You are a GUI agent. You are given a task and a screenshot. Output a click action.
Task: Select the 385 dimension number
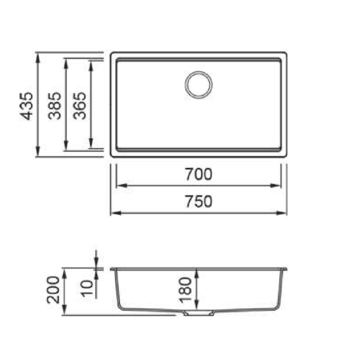[x=55, y=106]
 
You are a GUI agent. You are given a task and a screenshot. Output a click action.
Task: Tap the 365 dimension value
[x=79, y=106]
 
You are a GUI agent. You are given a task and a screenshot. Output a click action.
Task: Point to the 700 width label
[x=199, y=174]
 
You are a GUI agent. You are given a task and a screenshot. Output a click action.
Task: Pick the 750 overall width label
[x=199, y=202]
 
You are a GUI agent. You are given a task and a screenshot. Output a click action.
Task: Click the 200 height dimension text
[x=53, y=290]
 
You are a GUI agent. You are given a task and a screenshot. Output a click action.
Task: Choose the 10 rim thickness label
[x=88, y=289]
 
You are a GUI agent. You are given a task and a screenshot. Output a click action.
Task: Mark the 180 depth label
[x=185, y=290]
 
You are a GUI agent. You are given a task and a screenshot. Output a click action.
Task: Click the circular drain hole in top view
[x=199, y=85]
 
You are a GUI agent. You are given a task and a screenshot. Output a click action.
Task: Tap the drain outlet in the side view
[x=199, y=313]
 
